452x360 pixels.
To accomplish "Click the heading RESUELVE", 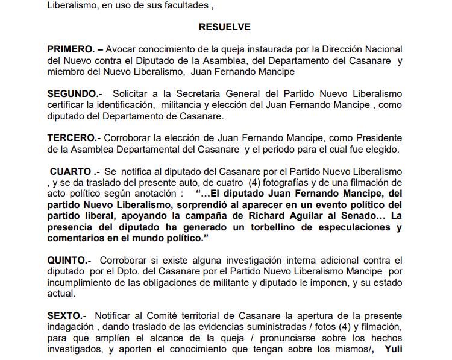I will pyautogui.click(x=224, y=27).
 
